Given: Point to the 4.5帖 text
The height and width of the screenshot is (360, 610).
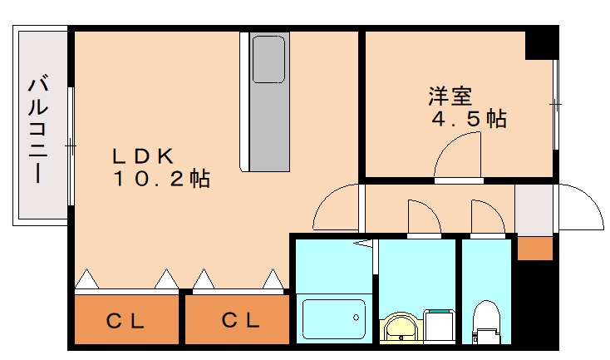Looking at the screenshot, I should click(467, 119).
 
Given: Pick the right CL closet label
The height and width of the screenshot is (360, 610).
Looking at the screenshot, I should click(239, 319).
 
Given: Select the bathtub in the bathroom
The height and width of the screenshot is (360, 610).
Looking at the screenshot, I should click(333, 320).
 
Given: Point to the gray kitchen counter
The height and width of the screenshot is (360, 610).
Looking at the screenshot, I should click(268, 125).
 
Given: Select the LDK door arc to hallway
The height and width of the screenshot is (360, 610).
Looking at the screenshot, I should click(337, 208).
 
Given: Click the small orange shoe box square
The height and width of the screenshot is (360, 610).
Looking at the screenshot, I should click(534, 248).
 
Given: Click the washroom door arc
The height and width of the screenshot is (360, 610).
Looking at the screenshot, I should click(423, 217).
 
